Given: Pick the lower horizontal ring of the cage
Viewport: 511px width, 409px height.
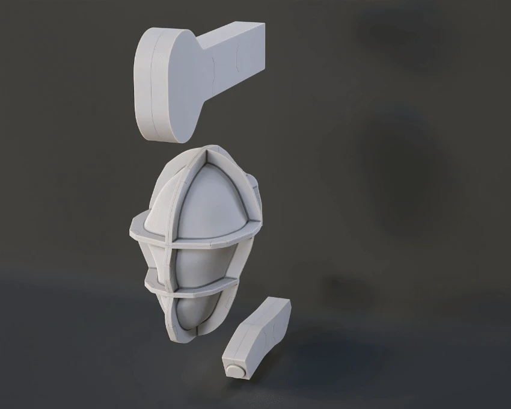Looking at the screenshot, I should point(198,293).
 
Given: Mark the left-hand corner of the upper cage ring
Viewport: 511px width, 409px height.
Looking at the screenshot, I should point(133,228).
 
